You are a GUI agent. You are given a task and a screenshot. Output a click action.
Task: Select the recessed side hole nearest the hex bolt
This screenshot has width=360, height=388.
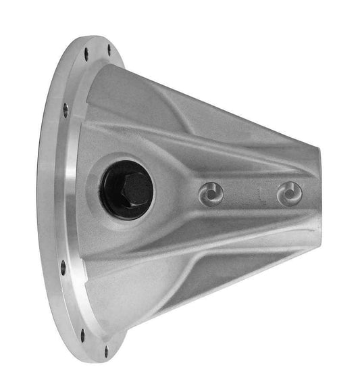tap(212, 195)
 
